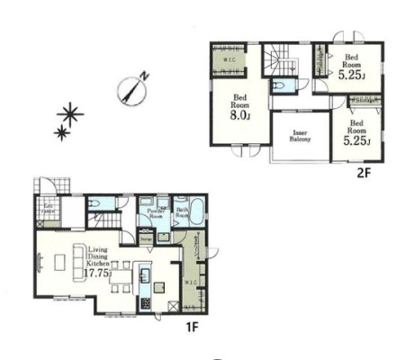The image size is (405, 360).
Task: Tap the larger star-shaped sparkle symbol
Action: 70,113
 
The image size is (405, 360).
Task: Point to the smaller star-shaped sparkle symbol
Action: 61,134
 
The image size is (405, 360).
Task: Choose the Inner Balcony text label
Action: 300,137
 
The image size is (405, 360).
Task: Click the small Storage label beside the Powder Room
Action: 144,239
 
